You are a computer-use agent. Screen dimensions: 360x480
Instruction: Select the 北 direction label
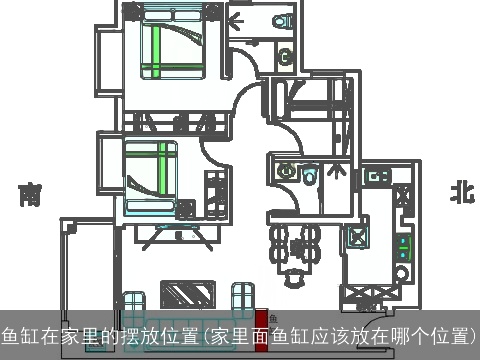point(461,193)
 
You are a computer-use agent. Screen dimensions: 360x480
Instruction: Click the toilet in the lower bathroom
point(310,176)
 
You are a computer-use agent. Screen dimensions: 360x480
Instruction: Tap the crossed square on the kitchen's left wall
point(356,237)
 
